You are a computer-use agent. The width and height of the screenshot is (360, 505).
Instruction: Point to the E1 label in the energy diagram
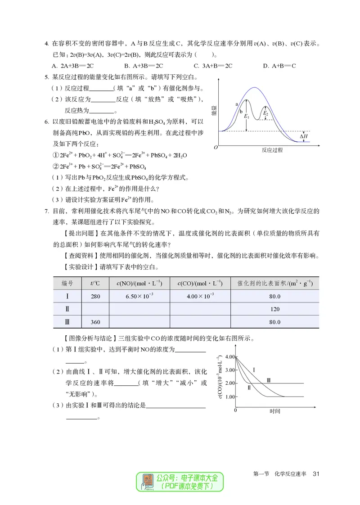[246, 117]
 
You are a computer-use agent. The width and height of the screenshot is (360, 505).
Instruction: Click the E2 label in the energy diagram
[265, 113]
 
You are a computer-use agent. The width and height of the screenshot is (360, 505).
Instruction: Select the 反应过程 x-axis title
[272, 150]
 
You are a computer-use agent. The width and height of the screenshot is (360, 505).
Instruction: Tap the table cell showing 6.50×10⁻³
[139, 297]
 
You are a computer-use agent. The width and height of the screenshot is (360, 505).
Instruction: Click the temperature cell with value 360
[95, 322]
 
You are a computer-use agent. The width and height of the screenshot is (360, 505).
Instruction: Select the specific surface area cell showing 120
[274, 309]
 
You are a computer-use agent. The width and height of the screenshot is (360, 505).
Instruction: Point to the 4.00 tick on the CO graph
[229, 356]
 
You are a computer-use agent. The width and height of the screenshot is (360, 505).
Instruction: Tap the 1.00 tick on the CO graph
[229, 397]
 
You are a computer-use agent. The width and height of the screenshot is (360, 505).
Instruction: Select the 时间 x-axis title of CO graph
[274, 411]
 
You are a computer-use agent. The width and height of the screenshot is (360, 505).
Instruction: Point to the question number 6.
[46, 122]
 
